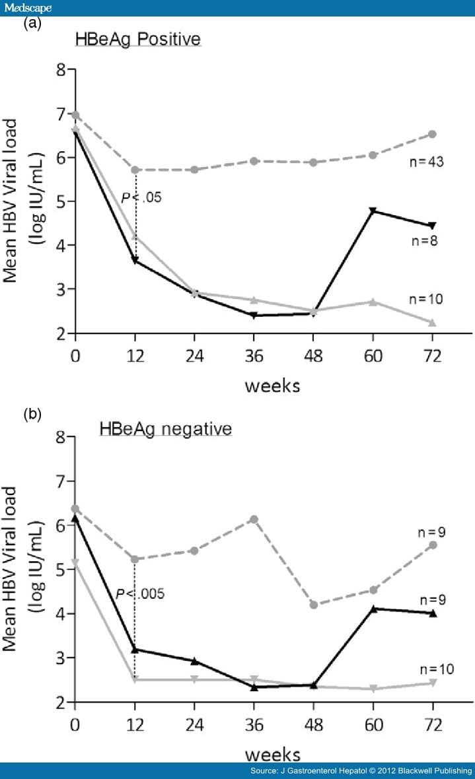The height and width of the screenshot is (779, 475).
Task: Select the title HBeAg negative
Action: click(x=166, y=429)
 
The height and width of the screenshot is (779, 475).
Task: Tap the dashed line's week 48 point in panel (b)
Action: click(x=314, y=605)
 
